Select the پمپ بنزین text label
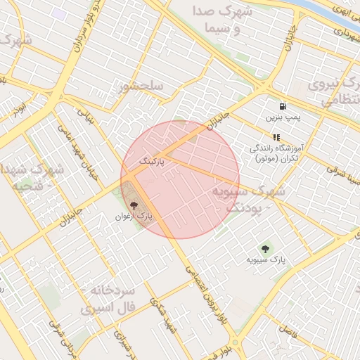click(x=282, y=117)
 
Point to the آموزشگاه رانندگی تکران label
click(x=279, y=154)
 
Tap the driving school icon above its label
click(x=276, y=138)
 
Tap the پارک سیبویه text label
click(x=266, y=259)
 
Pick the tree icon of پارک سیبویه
click(x=265, y=248)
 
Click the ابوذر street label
click(x=19, y=108)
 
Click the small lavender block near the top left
click(x=59, y=13)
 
